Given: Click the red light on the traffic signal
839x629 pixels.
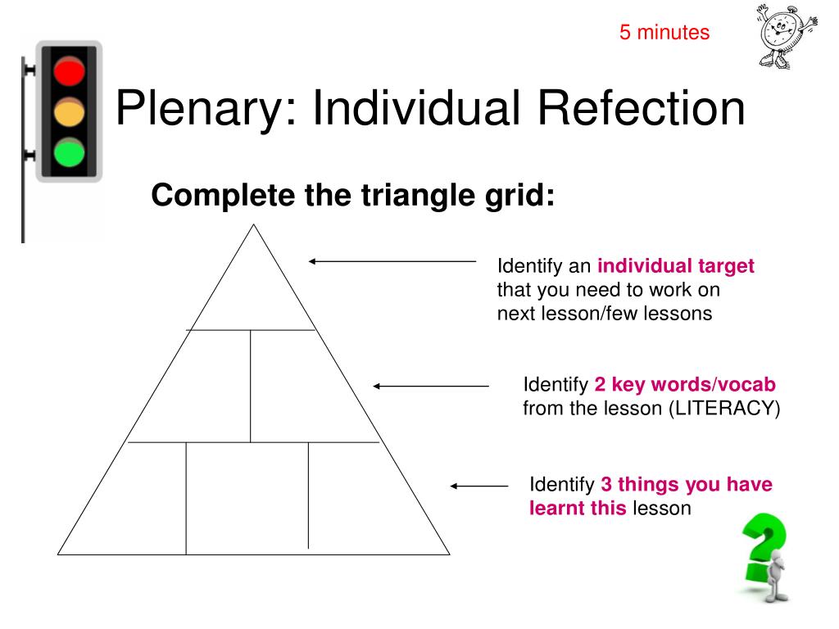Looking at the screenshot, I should coord(69,73).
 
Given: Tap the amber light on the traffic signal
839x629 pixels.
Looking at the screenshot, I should coord(69,113).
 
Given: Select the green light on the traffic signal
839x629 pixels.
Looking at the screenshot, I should coord(69,152).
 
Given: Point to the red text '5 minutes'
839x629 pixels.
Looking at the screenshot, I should coord(664,33).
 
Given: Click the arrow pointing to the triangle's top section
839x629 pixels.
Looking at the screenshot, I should coord(392,261).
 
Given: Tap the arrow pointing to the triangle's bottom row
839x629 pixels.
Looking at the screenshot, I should coord(479,486).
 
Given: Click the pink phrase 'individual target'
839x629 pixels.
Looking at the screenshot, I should coord(676,266).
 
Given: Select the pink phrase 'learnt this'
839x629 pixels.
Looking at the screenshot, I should coord(578,508).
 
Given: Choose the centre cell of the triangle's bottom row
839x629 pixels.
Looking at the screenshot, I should coord(247,498).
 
